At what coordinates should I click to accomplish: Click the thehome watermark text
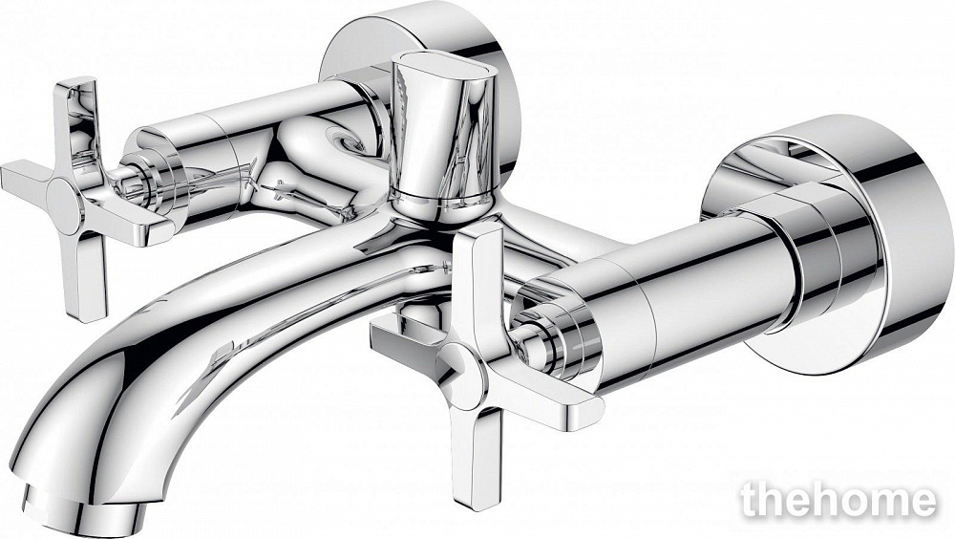click(x=838, y=501)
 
